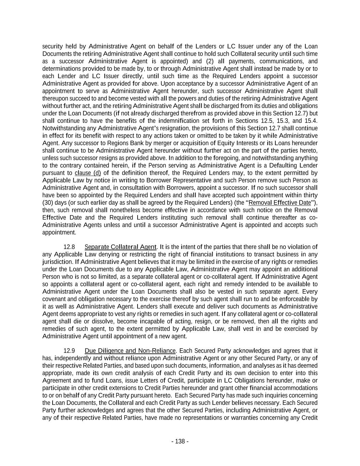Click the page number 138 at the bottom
(x=180, y=441)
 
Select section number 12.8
(x=69, y=247)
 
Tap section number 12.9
(x=69, y=351)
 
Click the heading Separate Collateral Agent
(x=120, y=247)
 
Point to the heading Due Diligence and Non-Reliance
(x=130, y=351)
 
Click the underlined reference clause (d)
(x=88, y=173)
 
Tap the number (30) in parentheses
(x=48, y=202)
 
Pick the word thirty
(x=310, y=195)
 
